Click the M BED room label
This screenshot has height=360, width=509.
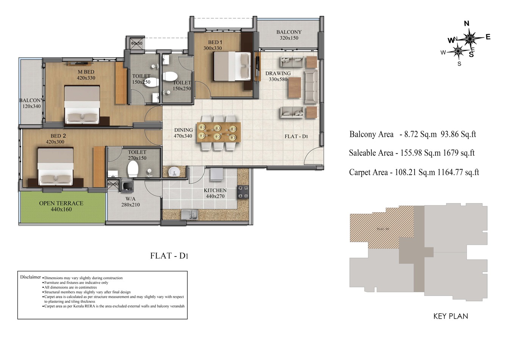click(x=86, y=72)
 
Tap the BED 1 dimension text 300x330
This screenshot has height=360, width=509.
click(x=212, y=48)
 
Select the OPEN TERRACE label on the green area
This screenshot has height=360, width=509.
click(x=61, y=203)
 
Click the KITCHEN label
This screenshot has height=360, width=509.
click(x=215, y=190)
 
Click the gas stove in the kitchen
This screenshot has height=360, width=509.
click(x=243, y=192)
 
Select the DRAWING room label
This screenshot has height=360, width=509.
click(x=278, y=74)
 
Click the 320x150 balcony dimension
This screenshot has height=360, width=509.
click(x=289, y=38)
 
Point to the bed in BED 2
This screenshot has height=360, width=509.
click(x=55, y=167)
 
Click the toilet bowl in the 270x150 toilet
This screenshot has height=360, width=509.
click(x=133, y=169)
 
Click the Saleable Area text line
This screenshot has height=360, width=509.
click(x=412, y=153)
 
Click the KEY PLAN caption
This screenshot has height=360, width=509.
click(x=450, y=316)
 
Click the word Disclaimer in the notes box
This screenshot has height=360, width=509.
click(x=30, y=277)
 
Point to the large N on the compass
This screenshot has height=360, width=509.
click(x=467, y=23)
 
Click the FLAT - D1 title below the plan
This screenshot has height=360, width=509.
click(x=169, y=255)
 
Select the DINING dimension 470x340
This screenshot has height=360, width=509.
click(x=183, y=136)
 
